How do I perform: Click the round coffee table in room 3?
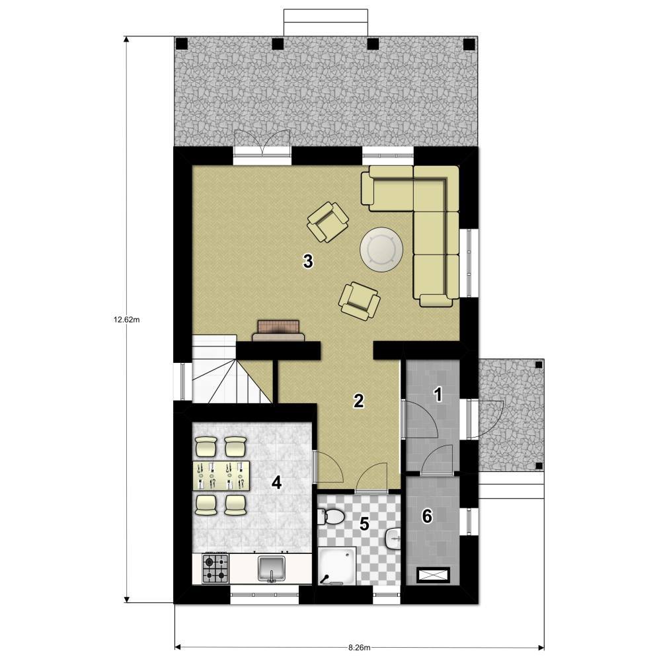tap(381, 250)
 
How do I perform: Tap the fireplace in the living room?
tap(278, 330)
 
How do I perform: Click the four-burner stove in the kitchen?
tap(215, 568)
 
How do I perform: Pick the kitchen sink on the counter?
tap(272, 568)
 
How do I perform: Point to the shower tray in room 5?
tap(337, 566)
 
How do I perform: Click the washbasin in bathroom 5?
tap(393, 538)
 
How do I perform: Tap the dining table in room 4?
tap(221, 476)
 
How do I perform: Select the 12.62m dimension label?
tap(126, 319)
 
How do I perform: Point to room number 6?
tap(427, 516)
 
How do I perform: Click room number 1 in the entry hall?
tap(438, 395)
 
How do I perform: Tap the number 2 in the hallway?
tap(358, 401)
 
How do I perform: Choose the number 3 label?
tap(308, 261)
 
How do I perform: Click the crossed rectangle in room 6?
tap(434, 575)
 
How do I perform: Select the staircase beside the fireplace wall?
tap(231, 369)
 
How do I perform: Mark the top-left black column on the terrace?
tap(181, 44)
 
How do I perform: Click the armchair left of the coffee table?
tap(328, 222)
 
